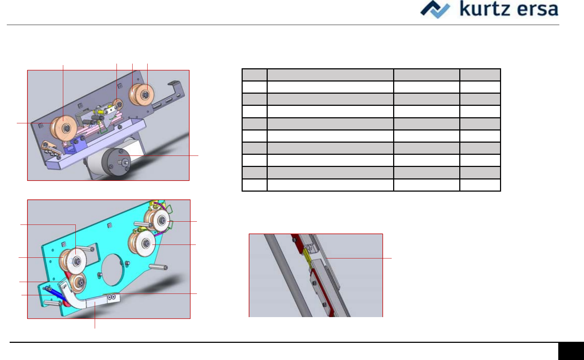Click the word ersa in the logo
pyautogui.click(x=538, y=10)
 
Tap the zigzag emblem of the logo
pyautogui.click(x=435, y=9)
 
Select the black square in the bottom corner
pyautogui.click(x=571, y=351)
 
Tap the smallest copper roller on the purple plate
pyautogui.click(x=117, y=104)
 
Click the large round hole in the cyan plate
pyautogui.click(x=112, y=270)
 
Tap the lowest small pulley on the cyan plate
pyautogui.click(x=78, y=283)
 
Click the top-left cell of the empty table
pyautogui.click(x=254, y=75)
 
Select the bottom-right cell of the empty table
pyautogui.click(x=480, y=185)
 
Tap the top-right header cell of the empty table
pyautogui.click(x=480, y=75)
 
